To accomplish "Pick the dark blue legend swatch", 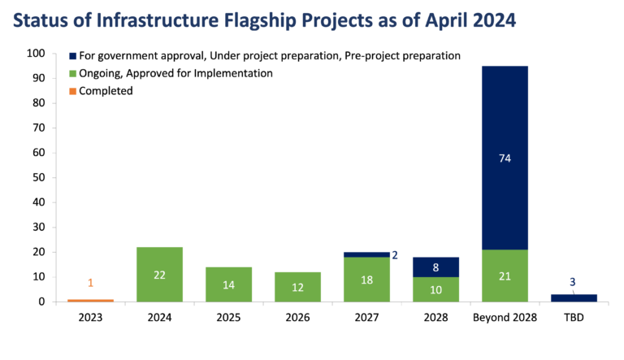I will pyautogui.click(x=73, y=56).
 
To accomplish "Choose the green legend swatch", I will pyautogui.click(x=73, y=74).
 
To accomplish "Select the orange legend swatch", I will pyautogui.click(x=73, y=91).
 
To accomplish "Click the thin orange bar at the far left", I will pyautogui.click(x=90, y=300).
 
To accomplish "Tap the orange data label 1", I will pyautogui.click(x=90, y=283).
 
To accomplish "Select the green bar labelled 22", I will pyautogui.click(x=159, y=274).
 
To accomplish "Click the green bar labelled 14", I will pyautogui.click(x=228, y=284).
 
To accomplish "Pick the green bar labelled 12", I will pyautogui.click(x=297, y=287).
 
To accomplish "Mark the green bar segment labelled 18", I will pyautogui.click(x=366, y=280).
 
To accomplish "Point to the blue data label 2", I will pyautogui.click(x=395, y=254).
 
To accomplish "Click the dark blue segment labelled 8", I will pyautogui.click(x=435, y=267).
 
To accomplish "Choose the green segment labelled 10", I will pyautogui.click(x=435, y=289).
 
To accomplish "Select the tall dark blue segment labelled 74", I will pyautogui.click(x=505, y=158).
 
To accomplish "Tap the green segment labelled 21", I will pyautogui.click(x=505, y=275).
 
